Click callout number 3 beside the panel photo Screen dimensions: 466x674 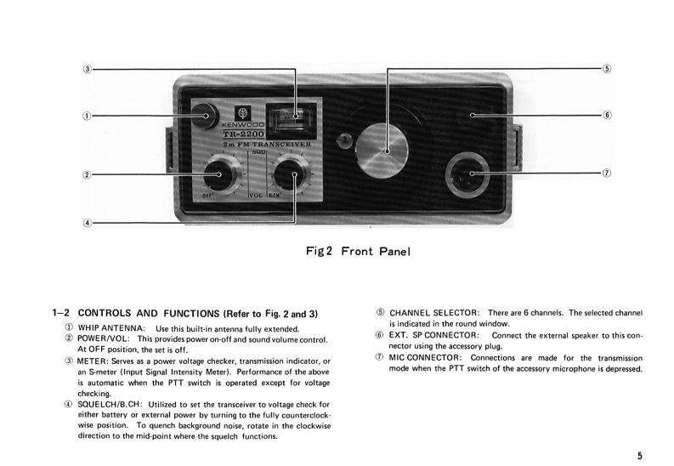tap(88, 68)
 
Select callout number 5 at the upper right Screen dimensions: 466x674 tap(606, 68)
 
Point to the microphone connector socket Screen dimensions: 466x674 tap(469, 173)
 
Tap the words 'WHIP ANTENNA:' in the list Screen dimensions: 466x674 tap(109, 328)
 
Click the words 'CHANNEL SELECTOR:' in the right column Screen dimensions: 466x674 tap(434, 313)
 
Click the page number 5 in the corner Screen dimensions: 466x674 tap(638, 456)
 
